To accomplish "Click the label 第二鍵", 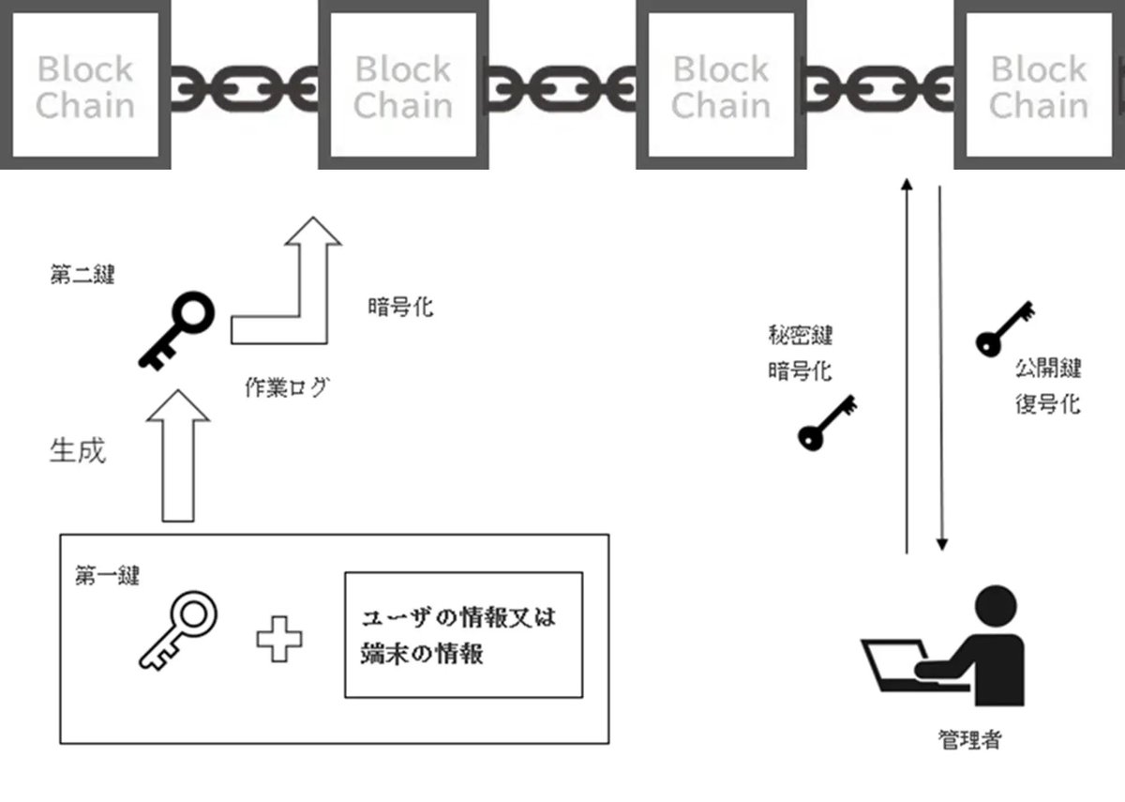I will pyautogui.click(x=82, y=277).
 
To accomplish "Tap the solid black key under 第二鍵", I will pyautogui.click(x=175, y=332).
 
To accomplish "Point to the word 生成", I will pyautogui.click(x=77, y=451).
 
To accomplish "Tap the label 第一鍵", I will pyautogui.click(x=107, y=576).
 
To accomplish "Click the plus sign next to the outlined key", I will pyautogui.click(x=279, y=640).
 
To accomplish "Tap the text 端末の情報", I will pyautogui.click(x=422, y=654).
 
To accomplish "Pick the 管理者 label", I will pyautogui.click(x=968, y=739).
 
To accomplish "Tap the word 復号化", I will pyautogui.click(x=1047, y=404).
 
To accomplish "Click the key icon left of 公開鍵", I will pyautogui.click(x=1003, y=329).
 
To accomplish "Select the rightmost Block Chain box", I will pyautogui.click(x=1039, y=86).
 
